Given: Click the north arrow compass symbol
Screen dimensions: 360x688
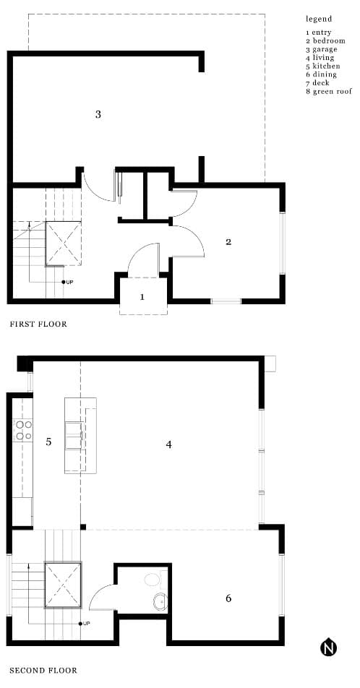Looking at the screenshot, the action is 328,648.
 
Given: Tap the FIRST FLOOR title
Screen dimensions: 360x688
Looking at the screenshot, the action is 38,324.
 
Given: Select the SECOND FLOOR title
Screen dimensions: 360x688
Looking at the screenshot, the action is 43,671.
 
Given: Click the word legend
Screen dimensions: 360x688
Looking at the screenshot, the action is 319,20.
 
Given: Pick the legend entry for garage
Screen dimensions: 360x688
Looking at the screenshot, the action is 322,49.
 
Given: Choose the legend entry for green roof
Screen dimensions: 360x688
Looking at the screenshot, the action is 329,91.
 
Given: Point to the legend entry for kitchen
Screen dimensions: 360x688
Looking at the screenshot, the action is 323,66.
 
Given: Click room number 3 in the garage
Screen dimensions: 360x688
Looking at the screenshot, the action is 98,114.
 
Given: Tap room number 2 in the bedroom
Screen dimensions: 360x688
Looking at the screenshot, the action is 228,242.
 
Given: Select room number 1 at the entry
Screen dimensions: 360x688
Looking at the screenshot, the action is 142,297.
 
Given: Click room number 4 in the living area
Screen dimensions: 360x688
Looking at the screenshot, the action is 169,444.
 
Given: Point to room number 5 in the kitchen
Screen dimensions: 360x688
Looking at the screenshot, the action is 48,442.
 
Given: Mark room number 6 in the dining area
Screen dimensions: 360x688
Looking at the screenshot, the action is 228,598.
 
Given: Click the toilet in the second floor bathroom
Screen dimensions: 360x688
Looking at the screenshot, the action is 155,579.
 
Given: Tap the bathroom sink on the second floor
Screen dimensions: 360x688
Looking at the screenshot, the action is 160,601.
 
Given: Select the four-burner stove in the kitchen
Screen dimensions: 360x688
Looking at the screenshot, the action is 23,430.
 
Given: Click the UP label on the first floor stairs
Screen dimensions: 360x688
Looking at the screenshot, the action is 69,282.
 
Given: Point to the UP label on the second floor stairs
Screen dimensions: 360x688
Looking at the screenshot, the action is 87,623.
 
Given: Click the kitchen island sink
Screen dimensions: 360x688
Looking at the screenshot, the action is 74,435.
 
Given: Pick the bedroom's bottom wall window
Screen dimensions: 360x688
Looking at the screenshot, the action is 226,301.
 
